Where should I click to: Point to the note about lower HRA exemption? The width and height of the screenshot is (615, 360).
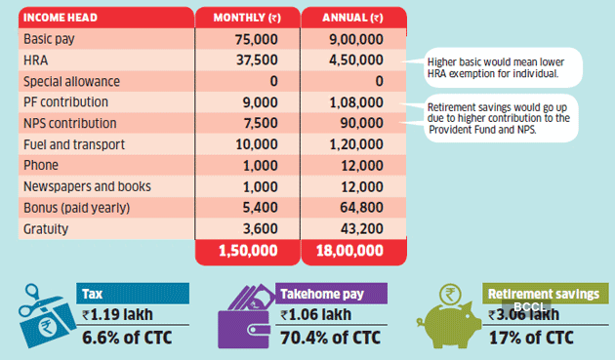pyautogui.click(x=499, y=66)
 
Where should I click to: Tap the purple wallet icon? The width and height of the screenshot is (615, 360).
pyautogui.click(x=244, y=314)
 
